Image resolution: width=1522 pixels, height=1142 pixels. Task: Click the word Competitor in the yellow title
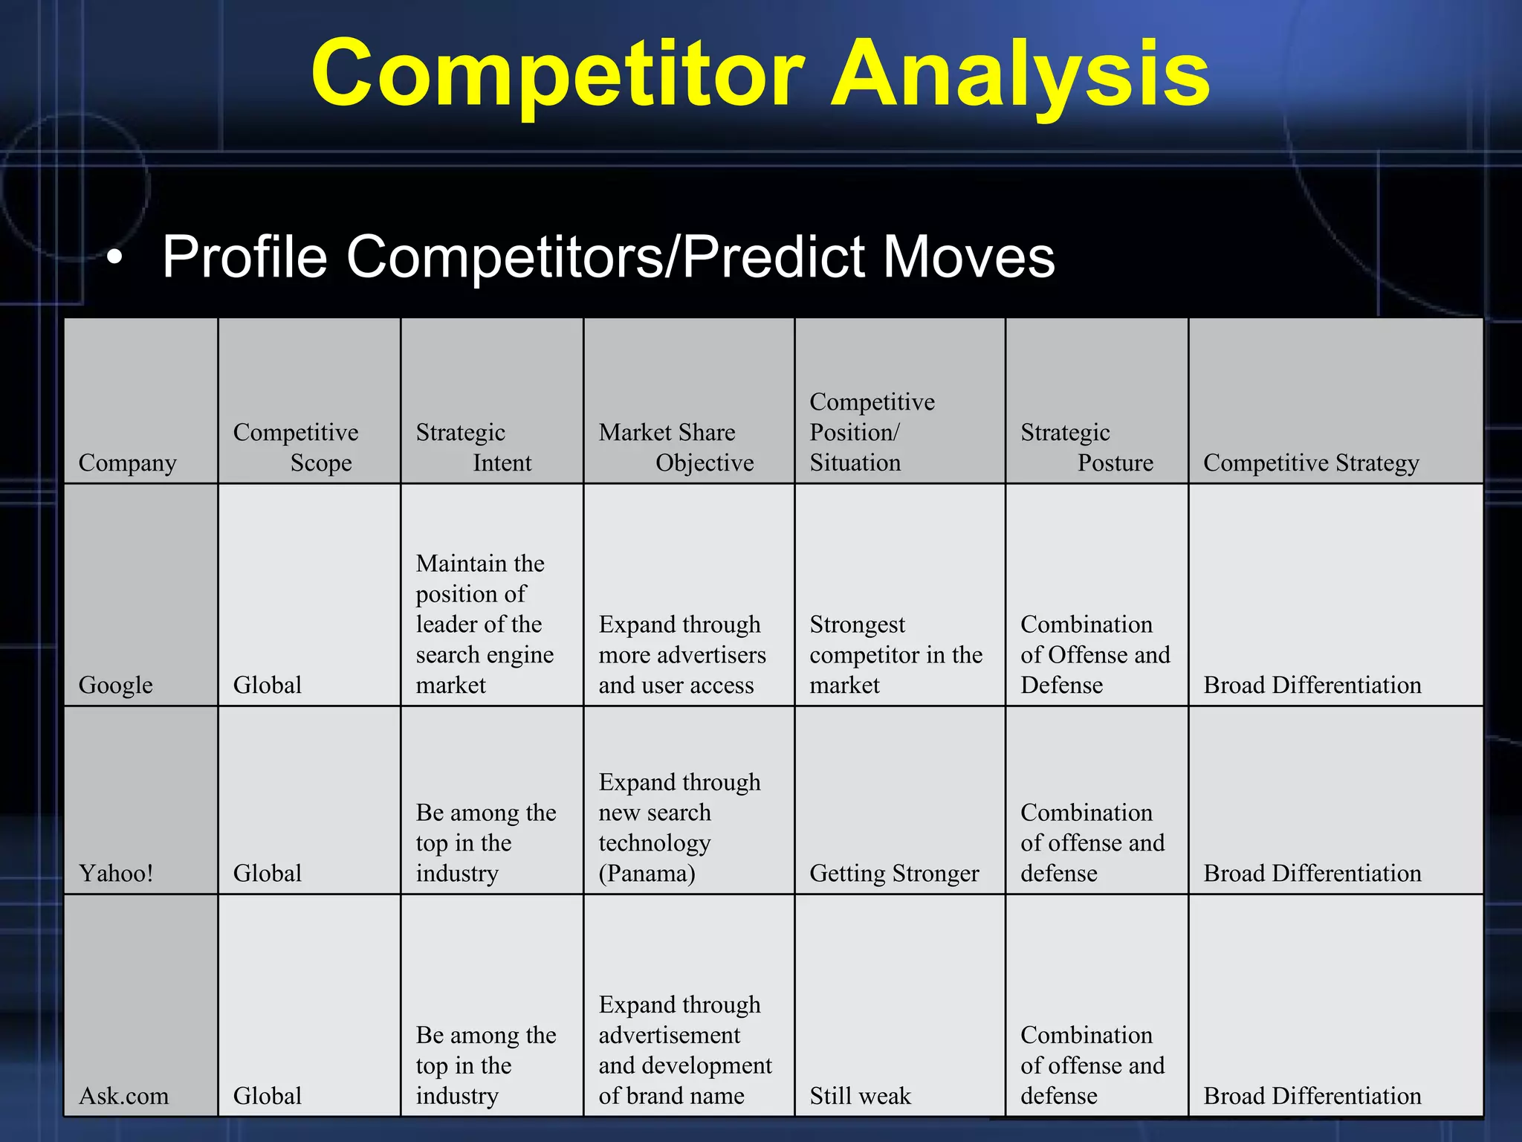[x=557, y=74]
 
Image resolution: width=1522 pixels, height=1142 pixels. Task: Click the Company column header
[x=127, y=462]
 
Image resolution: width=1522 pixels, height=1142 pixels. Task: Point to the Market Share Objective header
[x=676, y=447]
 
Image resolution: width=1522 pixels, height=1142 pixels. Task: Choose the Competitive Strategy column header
[x=1311, y=462]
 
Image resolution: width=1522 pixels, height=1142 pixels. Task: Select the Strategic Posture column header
[x=1086, y=447]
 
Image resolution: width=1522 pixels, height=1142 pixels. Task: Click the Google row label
[x=115, y=685]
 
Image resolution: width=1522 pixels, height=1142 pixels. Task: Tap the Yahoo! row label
[x=116, y=873]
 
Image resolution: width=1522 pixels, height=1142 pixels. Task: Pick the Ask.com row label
[x=123, y=1096]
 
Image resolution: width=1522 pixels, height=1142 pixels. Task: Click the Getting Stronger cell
[x=894, y=873]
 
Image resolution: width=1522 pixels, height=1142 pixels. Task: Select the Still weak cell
[x=860, y=1096]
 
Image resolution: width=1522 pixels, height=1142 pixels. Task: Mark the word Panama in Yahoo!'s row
[x=647, y=873]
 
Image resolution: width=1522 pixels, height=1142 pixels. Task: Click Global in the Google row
[x=267, y=685]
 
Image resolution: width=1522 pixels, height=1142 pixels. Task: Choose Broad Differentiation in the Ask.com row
[x=1312, y=1096]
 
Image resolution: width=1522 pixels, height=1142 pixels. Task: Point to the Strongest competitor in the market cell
[x=895, y=654]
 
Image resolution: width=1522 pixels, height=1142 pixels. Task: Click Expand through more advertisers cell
[x=681, y=654]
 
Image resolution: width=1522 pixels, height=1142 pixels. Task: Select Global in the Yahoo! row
[x=267, y=873]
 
